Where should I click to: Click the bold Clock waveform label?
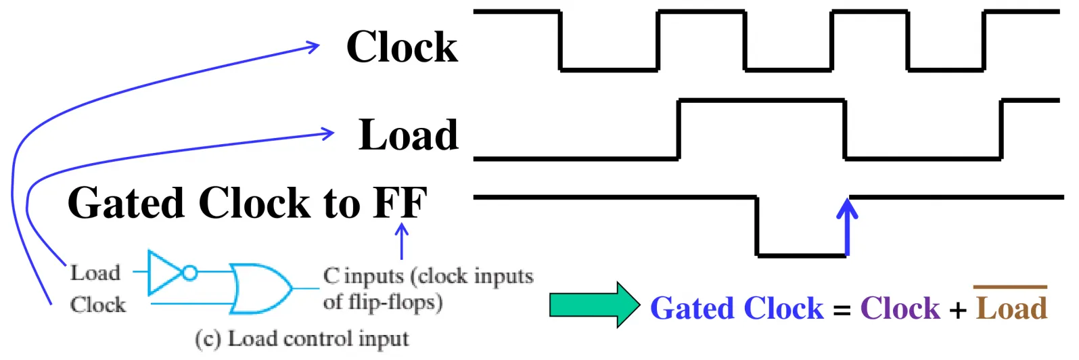coord(402,47)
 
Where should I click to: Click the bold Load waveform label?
coord(409,135)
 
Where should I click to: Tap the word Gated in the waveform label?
coord(127,202)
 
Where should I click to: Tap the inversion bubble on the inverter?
coord(190,273)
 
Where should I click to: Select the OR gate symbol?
coord(260,289)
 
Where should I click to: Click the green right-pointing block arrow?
coord(595,305)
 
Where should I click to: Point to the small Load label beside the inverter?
coord(95,273)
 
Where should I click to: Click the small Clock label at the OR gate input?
coord(98,305)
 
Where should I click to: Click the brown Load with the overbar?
coord(1011,305)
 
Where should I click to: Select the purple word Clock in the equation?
coord(900,308)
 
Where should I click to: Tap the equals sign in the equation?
coord(842,310)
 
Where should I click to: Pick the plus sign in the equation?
coord(958,310)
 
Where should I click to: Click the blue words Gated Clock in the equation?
coord(737,308)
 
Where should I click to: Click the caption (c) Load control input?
coord(302,339)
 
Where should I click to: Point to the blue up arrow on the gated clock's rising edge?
coord(848,227)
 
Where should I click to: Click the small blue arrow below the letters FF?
coord(402,241)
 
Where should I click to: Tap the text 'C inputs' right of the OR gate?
coord(364,276)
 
